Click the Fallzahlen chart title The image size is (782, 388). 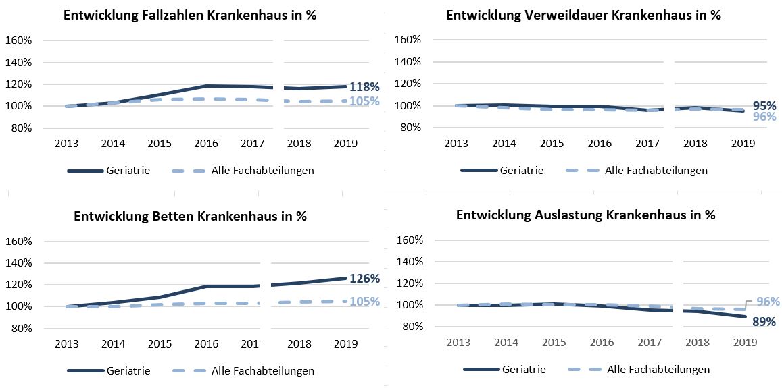click(x=190, y=16)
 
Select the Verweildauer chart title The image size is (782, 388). click(x=583, y=15)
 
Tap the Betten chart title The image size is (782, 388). click(x=190, y=217)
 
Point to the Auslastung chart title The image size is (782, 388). click(x=585, y=215)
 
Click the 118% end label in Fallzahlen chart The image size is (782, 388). click(x=364, y=87)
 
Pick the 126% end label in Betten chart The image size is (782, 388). click(x=364, y=279)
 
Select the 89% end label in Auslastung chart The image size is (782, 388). click(x=764, y=322)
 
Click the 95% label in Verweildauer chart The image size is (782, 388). click(x=764, y=106)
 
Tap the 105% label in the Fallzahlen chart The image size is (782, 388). click(x=364, y=101)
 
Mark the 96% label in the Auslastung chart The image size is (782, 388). click(x=767, y=302)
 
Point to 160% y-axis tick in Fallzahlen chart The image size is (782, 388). click(x=18, y=40)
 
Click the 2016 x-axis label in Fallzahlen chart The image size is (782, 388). click(x=205, y=143)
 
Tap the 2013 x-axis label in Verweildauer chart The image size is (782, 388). click(x=456, y=143)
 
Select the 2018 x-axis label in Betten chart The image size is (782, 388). click(x=299, y=344)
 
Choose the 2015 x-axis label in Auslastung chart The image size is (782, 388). click(x=554, y=342)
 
